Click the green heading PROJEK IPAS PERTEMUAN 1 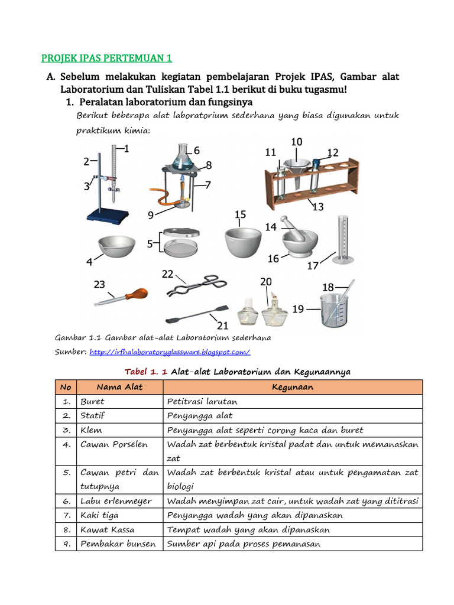pos(106,58)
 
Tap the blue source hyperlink pos(170,352)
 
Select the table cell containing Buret pos(92,401)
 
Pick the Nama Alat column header pos(119,387)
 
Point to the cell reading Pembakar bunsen pos(118,544)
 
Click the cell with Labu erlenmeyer pos(116,501)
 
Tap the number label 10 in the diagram pos(297,142)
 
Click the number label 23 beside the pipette pos(99,285)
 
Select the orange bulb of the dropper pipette pos(135,294)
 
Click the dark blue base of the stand pos(107,215)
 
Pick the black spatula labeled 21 pos(195,314)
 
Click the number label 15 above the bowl pos(240,214)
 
